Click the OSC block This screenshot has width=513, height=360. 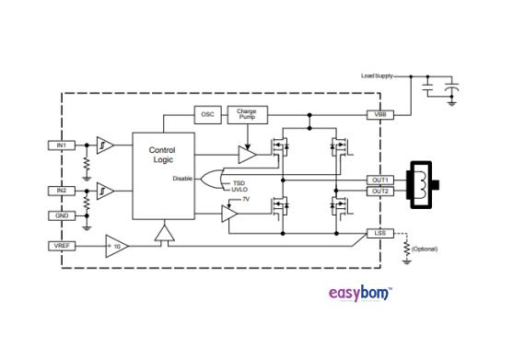point(207,114)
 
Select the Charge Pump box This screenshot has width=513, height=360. point(246,114)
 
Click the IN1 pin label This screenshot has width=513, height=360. point(60,145)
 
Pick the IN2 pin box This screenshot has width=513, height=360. point(60,191)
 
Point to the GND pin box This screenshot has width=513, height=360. point(60,216)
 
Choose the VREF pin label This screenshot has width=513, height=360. point(61,246)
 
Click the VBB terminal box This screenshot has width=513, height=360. point(379,114)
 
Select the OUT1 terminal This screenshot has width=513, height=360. point(379,180)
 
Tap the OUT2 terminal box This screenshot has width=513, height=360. point(379,192)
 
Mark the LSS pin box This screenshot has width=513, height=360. point(379,234)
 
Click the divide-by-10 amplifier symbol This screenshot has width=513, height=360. point(116,246)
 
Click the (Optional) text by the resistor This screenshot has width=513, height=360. point(423,249)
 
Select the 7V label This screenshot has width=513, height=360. point(246,198)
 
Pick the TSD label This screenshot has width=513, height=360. point(239,182)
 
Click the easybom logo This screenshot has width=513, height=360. point(360,295)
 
